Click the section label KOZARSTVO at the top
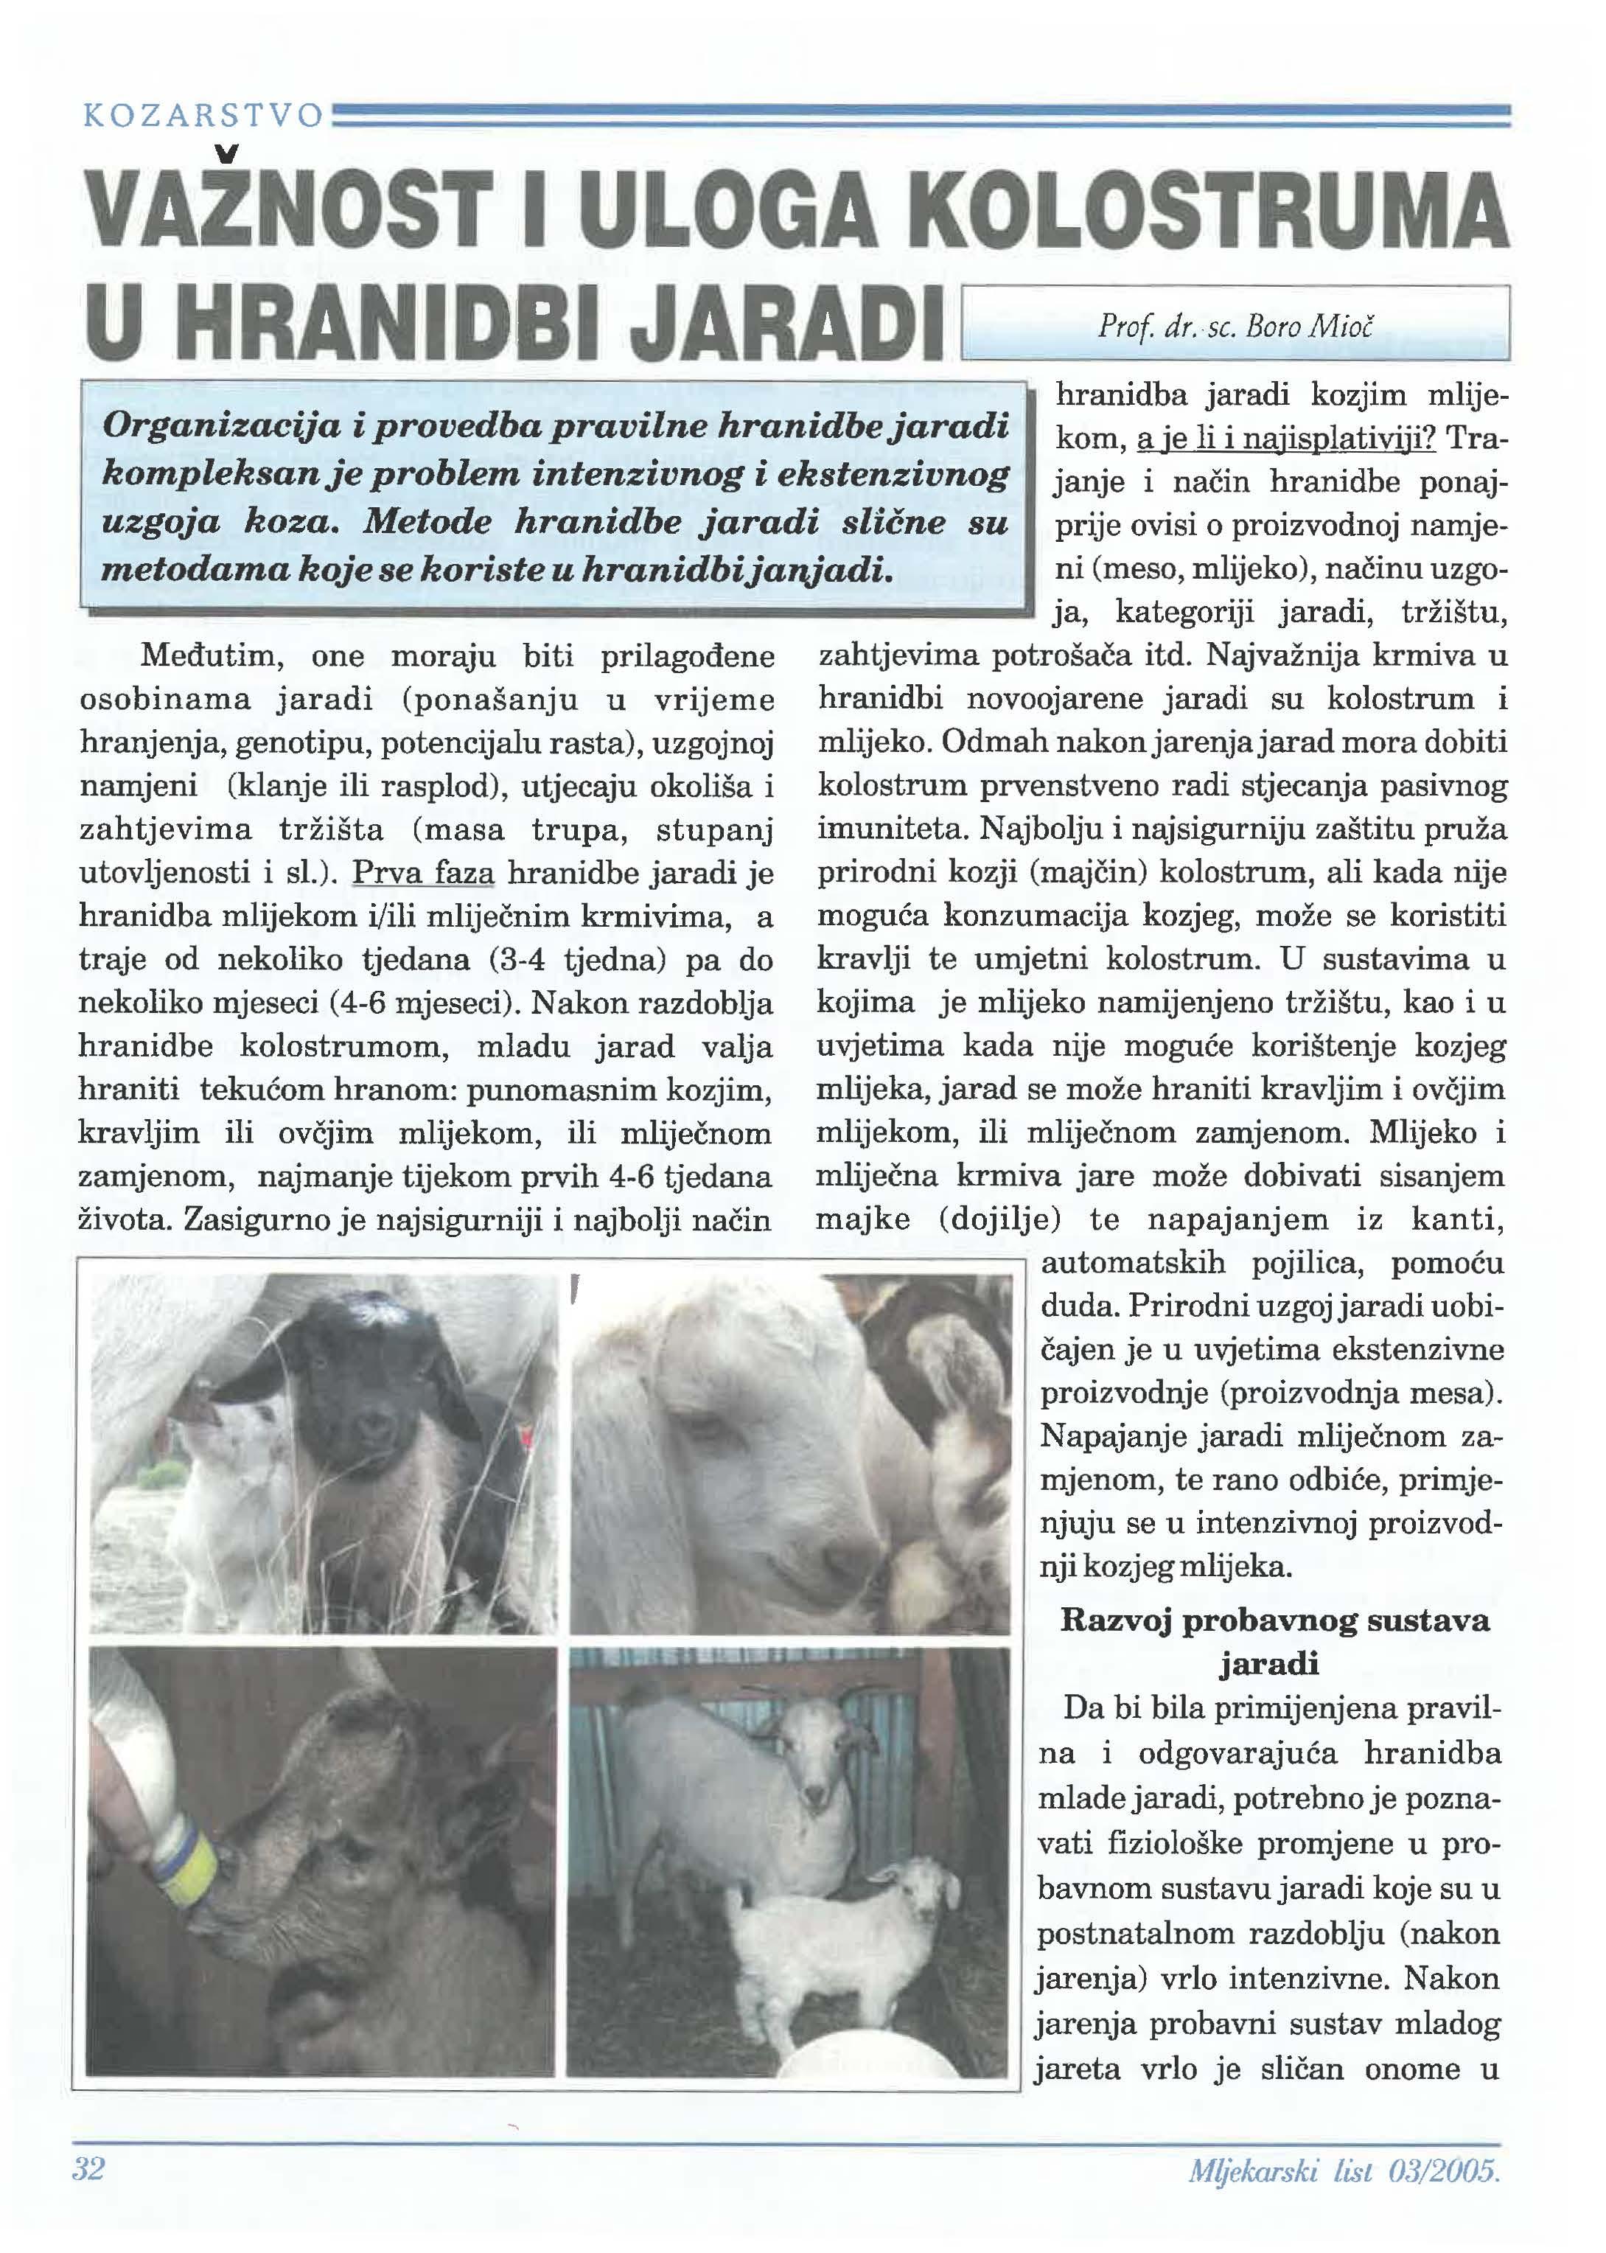[x=203, y=116]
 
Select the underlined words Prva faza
[x=429, y=874]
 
